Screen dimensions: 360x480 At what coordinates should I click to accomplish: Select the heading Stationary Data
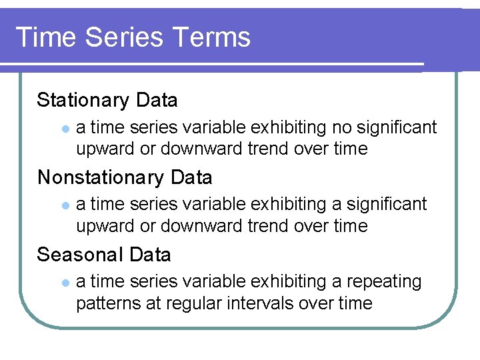107,100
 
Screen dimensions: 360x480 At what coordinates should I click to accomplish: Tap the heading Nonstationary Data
125,177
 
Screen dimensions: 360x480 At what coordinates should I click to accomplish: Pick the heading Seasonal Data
104,255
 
